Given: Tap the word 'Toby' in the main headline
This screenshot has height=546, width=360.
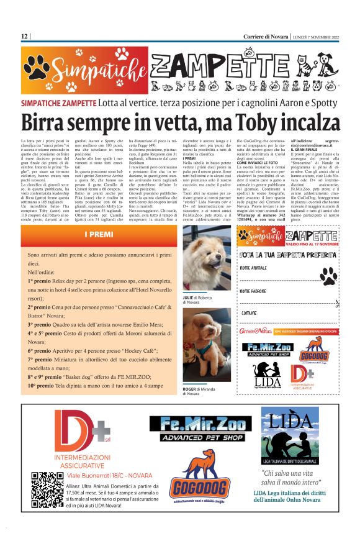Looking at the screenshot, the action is click(238, 121).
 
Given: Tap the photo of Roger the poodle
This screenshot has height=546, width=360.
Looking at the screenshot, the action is click(207, 345).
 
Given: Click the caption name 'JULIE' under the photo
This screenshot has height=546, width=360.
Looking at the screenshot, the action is click(187, 296).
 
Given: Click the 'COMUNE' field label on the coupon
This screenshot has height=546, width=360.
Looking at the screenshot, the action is click(250, 312).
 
